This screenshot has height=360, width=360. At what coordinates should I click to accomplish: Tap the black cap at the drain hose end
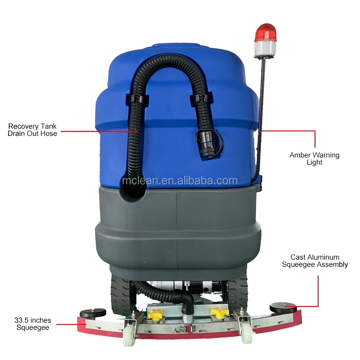coord(209,144)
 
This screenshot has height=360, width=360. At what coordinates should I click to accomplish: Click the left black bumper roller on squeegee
coord(93,313)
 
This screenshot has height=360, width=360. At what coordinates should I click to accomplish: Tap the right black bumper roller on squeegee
coord(283,309)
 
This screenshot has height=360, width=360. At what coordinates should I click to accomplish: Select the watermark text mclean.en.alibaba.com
coord(180,181)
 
